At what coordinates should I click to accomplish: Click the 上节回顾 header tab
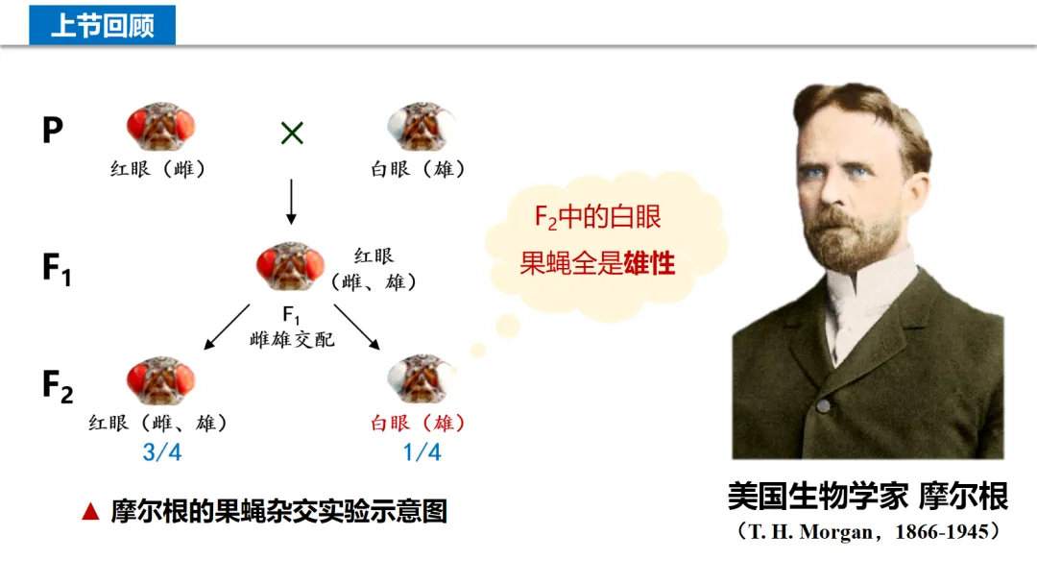[102, 24]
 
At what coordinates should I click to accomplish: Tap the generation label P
[53, 130]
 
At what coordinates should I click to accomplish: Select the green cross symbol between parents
[292, 134]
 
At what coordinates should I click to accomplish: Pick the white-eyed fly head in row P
[422, 127]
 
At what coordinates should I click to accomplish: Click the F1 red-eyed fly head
[290, 266]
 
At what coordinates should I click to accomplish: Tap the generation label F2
[58, 386]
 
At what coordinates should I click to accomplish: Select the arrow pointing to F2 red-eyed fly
[227, 328]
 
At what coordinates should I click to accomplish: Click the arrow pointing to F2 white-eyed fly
[357, 328]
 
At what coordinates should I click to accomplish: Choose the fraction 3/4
[161, 451]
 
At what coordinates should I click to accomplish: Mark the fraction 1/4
[422, 451]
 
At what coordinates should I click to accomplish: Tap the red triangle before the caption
[91, 512]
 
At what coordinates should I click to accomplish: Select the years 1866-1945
[941, 531]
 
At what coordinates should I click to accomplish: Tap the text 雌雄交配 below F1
[292, 339]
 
